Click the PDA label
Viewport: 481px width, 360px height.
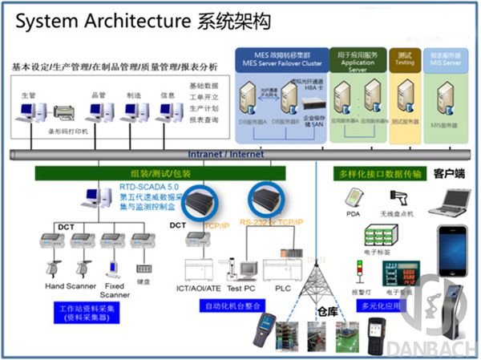point(353,213)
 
